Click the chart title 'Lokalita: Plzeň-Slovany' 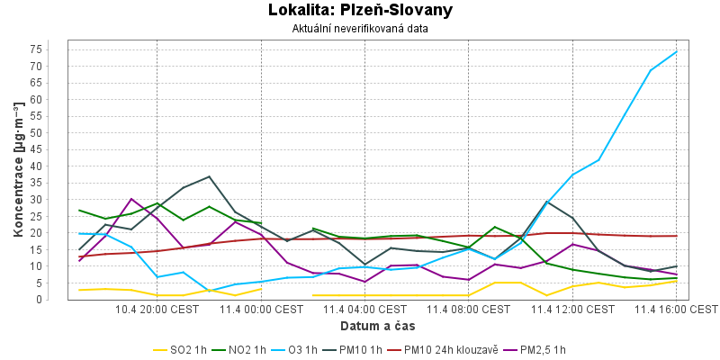pos(360,11)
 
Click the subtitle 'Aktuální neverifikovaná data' pos(360,29)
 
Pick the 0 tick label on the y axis pos(61,300)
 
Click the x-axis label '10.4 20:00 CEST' pos(157,310)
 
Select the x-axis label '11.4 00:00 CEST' pos(261,310)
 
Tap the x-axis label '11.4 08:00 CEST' pos(469,310)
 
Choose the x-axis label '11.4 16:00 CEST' pos(676,310)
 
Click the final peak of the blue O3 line pos(676,51)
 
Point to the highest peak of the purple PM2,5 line pos(131,199)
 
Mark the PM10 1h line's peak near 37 pos(209,176)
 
